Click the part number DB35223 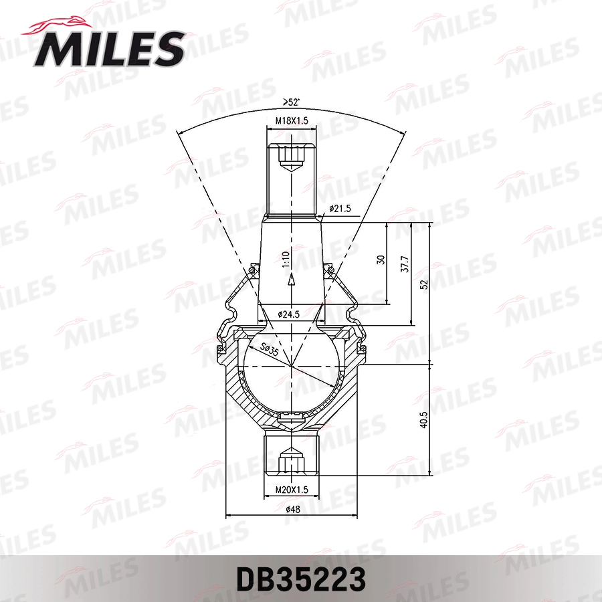pos(300,579)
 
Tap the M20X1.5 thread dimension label pos(291,490)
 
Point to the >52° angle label pos(291,102)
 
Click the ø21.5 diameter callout pos(340,209)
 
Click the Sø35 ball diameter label pos(271,349)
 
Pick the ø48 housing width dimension pos(292,510)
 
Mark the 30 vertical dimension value pos(381,260)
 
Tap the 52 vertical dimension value pos(423,284)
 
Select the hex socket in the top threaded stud pos(292,157)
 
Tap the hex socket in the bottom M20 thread pos(292,462)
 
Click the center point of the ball pos(292,365)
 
